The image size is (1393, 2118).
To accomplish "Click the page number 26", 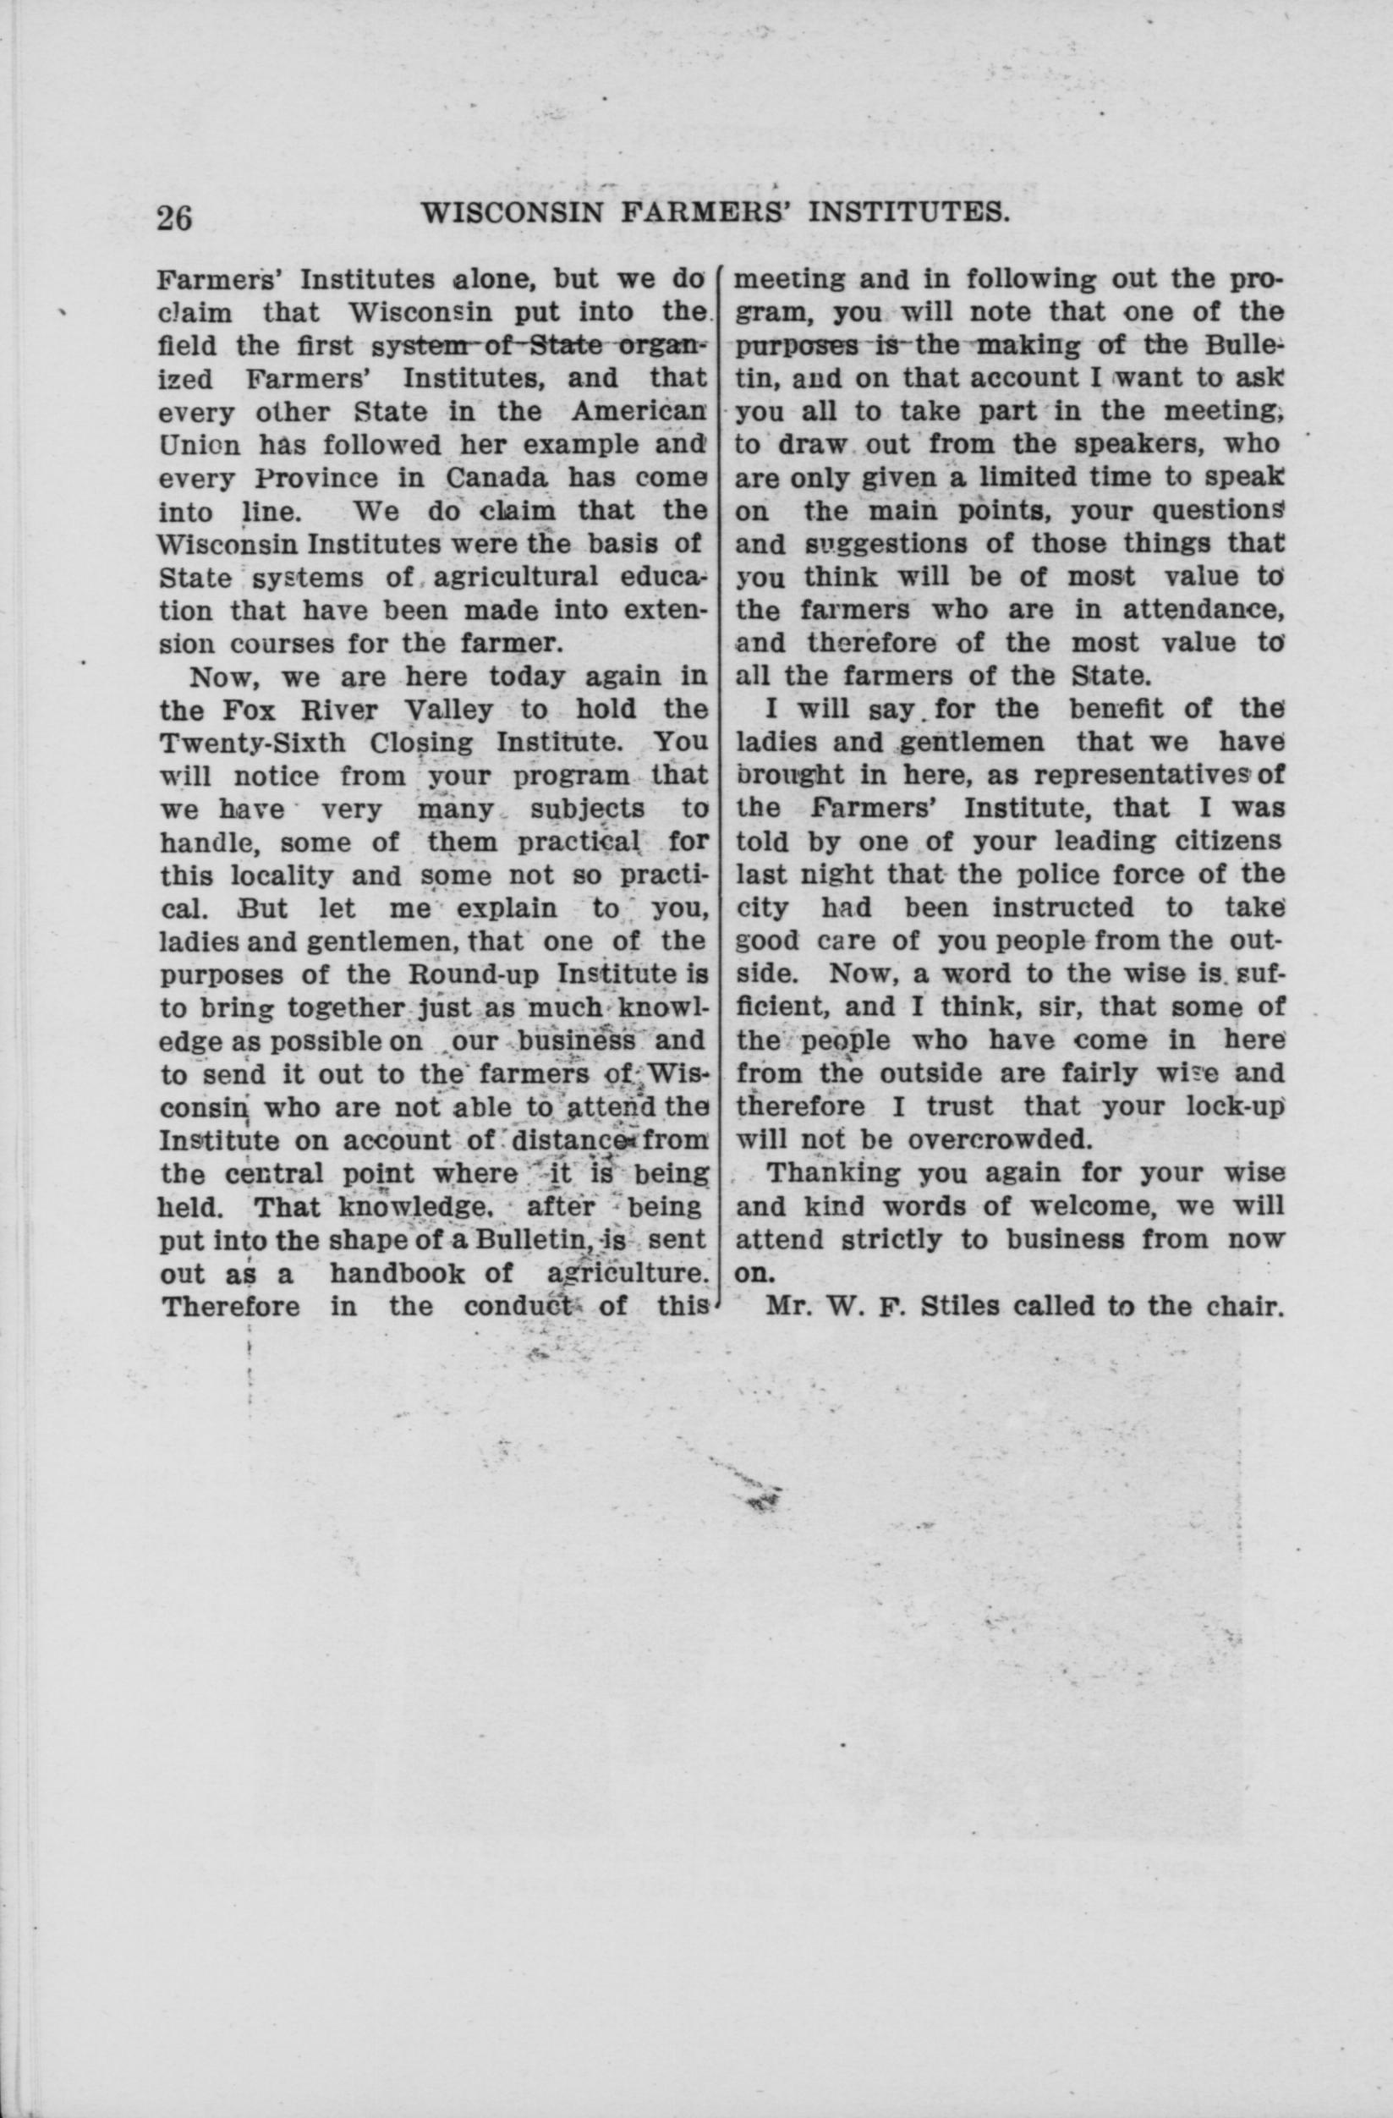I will (x=175, y=217).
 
